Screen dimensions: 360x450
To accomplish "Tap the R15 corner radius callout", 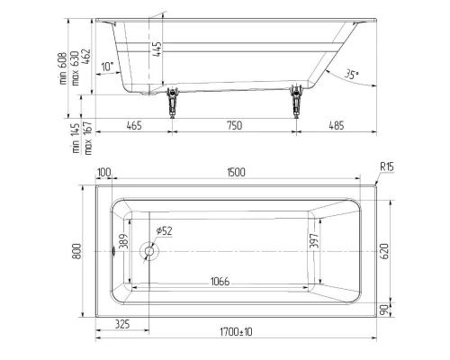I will [x=388, y=166].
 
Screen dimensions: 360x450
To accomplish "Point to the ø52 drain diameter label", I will [x=164, y=231].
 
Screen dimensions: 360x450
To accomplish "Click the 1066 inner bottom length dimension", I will [x=214, y=282].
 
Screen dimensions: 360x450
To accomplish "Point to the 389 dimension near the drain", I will [x=124, y=241].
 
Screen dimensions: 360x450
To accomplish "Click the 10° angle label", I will [x=107, y=67].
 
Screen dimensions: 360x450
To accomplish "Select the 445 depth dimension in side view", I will [x=157, y=49].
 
